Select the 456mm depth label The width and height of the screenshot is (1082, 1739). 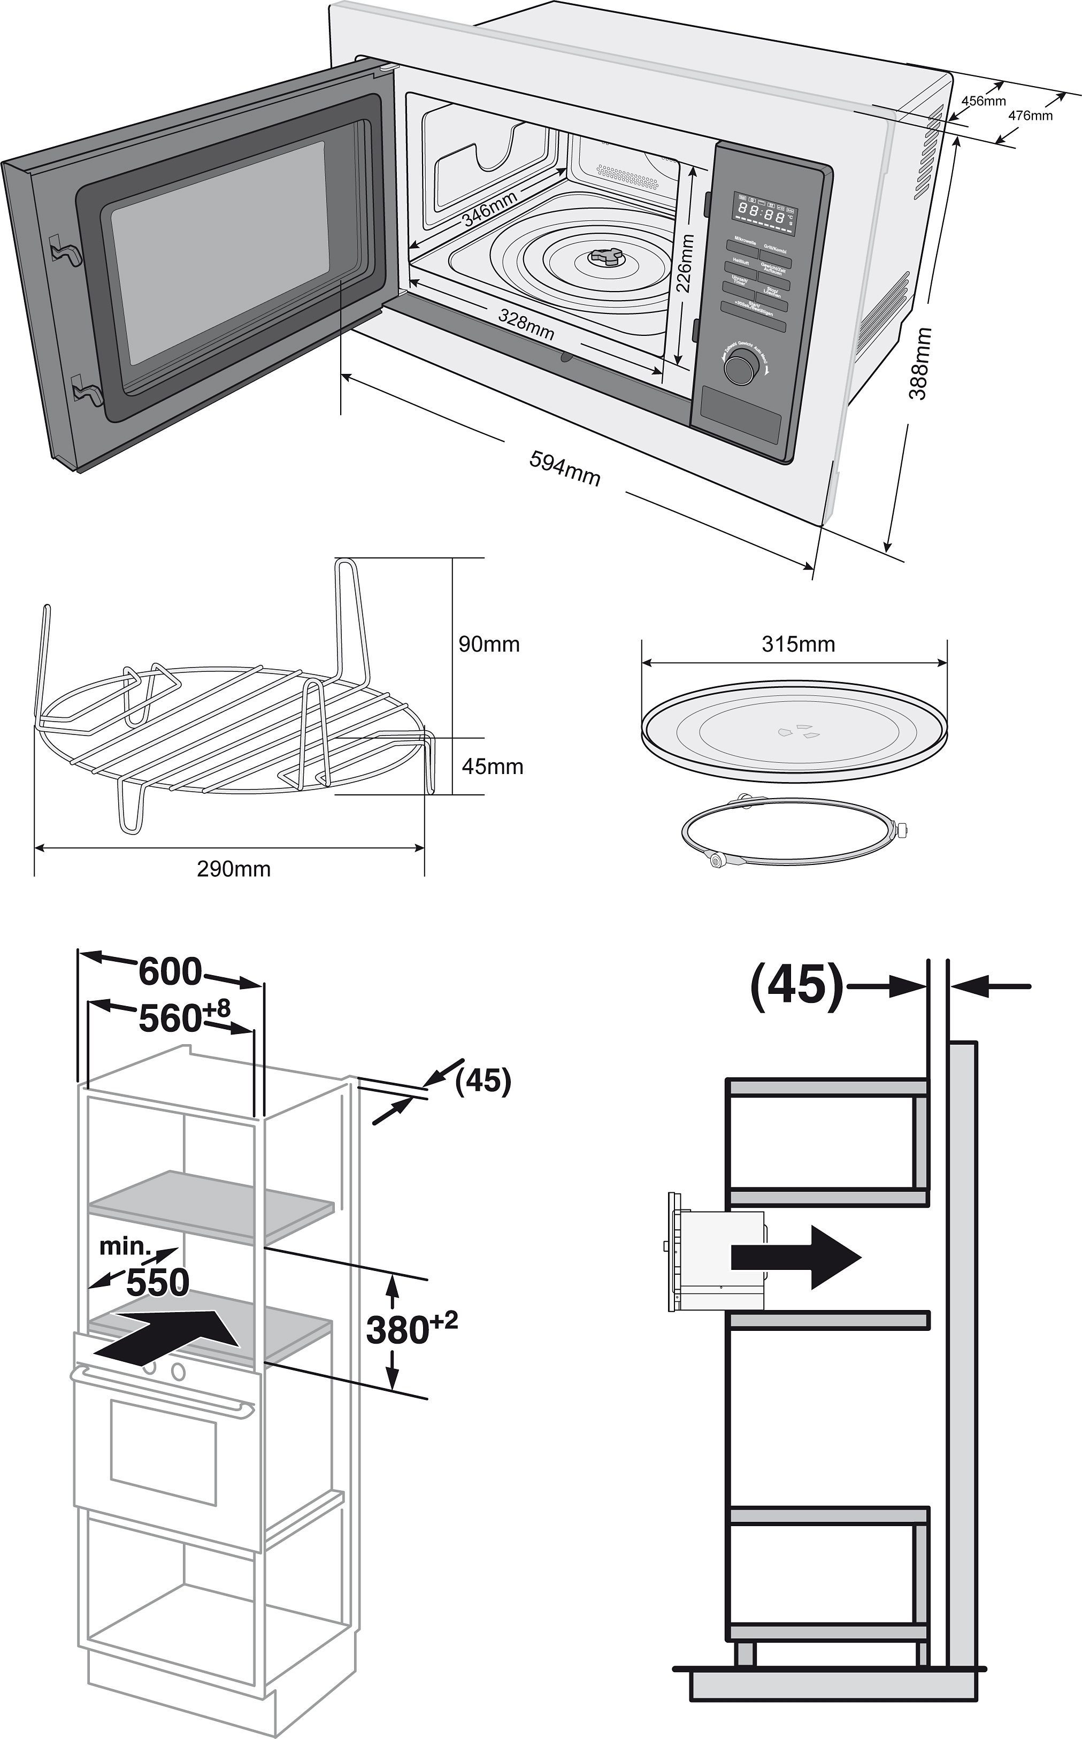pos(983,101)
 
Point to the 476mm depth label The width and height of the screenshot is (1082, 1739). pos(1030,115)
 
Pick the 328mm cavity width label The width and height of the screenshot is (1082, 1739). pos(526,324)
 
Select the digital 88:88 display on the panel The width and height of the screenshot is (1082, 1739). pos(762,212)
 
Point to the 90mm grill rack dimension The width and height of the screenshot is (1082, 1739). pos(489,644)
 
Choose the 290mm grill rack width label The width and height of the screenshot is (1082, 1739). pos(234,869)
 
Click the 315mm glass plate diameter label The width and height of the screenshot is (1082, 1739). pos(798,644)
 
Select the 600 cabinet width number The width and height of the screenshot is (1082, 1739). pos(170,971)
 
